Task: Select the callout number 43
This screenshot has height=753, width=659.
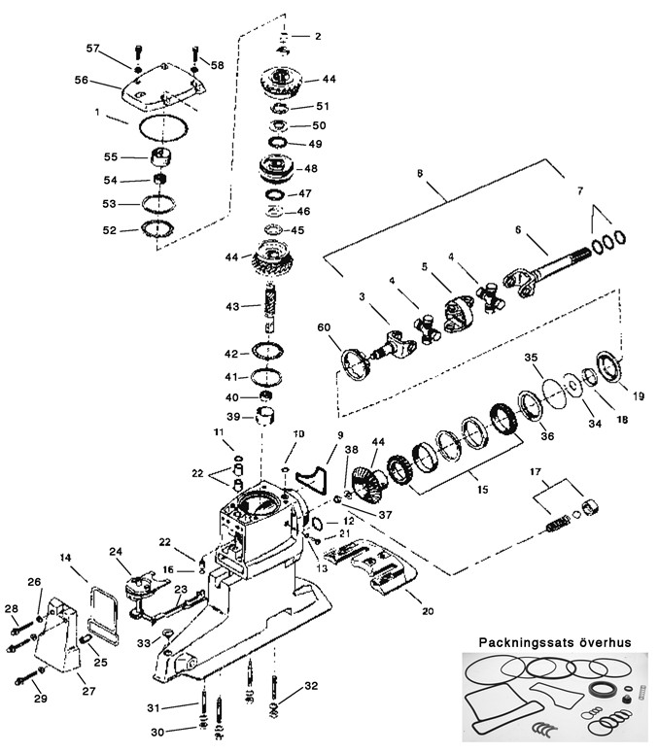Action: click(231, 306)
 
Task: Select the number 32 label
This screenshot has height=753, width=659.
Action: click(311, 686)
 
